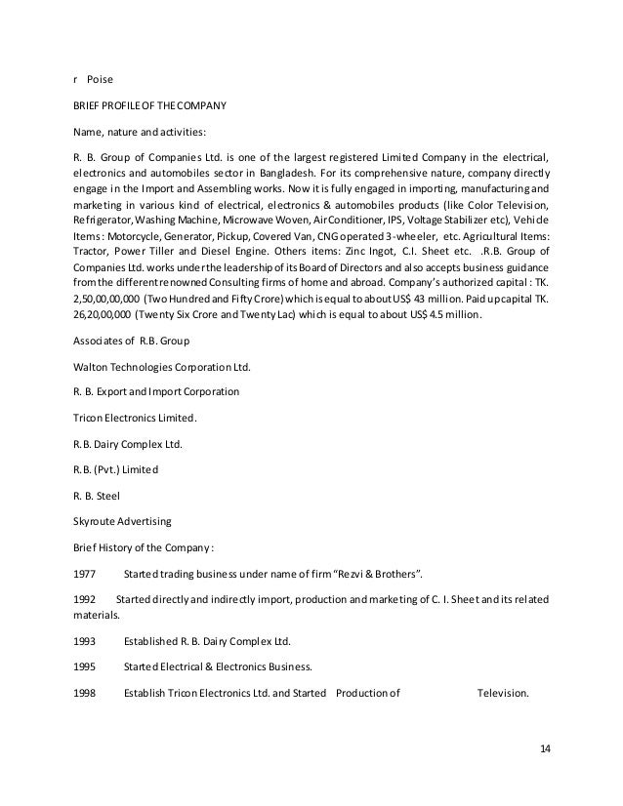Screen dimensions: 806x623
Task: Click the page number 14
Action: tap(546, 748)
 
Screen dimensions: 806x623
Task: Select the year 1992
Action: tap(85, 597)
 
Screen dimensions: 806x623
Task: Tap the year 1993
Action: tap(85, 641)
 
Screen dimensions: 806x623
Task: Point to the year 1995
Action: tap(85, 667)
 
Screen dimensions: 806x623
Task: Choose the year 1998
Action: tap(85, 694)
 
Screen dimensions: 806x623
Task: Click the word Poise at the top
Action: tap(102, 75)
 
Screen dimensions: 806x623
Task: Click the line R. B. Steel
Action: tap(96, 496)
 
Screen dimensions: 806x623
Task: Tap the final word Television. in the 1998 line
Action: tap(502, 694)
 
